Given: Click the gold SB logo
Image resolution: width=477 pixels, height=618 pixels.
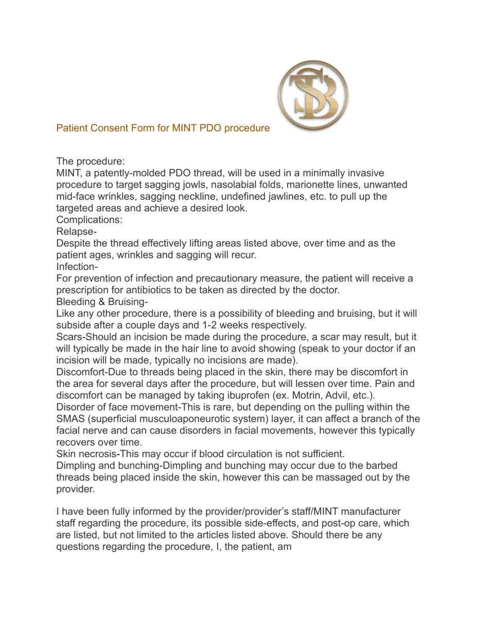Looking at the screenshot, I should coord(313,96).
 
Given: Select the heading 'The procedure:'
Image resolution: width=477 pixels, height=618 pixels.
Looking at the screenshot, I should coord(87,161).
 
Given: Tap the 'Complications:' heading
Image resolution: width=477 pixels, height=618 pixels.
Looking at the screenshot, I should coord(89,219).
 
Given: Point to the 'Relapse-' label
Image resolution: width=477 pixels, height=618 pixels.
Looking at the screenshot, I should coord(76,231).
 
